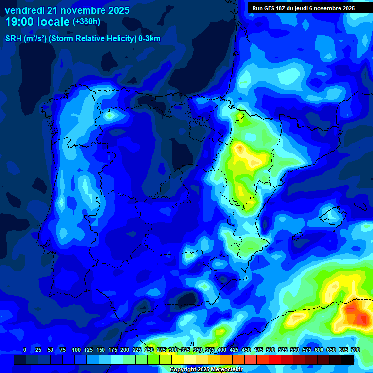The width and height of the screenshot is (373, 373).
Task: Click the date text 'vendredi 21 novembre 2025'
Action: [67, 10]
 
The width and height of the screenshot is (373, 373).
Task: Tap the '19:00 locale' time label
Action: [37, 22]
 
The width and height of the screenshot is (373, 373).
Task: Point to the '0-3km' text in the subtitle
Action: [150, 39]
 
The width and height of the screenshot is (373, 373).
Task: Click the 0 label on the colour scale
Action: [25, 350]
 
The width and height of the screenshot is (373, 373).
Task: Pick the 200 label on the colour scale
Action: [125, 350]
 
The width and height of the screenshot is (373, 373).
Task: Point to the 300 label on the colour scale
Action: [173, 350]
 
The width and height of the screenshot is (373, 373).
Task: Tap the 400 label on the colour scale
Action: [222, 350]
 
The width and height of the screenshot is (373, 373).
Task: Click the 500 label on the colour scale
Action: [271, 350]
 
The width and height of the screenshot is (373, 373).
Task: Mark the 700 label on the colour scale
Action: [355, 350]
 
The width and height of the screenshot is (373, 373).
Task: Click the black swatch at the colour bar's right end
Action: [347, 360]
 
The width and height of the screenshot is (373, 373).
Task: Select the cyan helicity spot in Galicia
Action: [109, 115]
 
